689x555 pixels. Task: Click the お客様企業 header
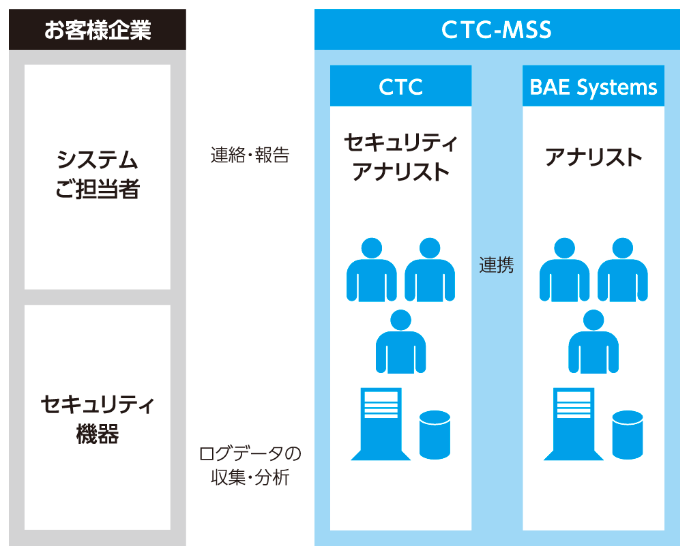click(x=98, y=30)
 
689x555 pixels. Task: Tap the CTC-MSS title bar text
click(x=497, y=30)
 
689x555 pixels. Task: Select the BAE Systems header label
click(x=593, y=87)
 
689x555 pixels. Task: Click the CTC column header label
click(x=400, y=87)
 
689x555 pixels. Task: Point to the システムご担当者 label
click(x=98, y=175)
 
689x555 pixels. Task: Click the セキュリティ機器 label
click(x=98, y=419)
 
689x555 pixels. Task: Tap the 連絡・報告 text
click(x=250, y=155)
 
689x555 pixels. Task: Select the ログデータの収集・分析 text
click(x=250, y=466)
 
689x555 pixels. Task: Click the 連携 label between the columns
click(x=497, y=265)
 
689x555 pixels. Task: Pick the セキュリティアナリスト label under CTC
click(x=400, y=157)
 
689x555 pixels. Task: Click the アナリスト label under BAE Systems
click(x=593, y=157)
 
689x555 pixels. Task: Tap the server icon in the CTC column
click(x=381, y=423)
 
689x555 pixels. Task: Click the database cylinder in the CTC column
click(x=435, y=435)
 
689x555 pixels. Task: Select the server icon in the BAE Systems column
click(x=574, y=423)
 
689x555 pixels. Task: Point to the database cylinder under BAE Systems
click(x=628, y=435)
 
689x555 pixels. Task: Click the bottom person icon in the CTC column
click(x=400, y=342)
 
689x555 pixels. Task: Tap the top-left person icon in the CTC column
click(x=372, y=269)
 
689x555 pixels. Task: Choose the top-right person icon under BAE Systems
click(x=623, y=269)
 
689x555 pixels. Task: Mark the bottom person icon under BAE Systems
click(x=593, y=342)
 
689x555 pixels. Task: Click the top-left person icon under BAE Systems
click(x=565, y=269)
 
